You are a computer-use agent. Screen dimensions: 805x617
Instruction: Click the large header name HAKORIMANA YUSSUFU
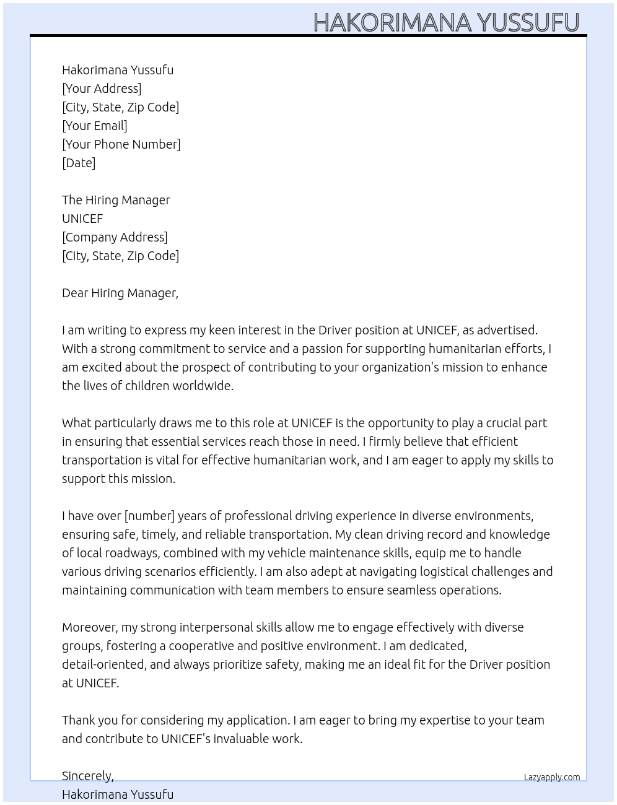[446, 22]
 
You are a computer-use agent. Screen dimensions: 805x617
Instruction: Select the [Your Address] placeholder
[102, 89]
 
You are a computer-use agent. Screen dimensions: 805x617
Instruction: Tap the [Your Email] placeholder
[95, 126]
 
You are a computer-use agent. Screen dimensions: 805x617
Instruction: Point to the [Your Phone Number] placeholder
[121, 144]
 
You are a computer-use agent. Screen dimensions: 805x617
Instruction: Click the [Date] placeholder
[79, 163]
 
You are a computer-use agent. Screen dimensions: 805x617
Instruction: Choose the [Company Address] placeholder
[115, 237]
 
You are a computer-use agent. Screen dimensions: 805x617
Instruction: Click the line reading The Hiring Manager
[116, 200]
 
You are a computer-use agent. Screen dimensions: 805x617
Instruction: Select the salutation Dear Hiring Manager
[120, 293]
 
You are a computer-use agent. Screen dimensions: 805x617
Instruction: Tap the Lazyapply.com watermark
[551, 777]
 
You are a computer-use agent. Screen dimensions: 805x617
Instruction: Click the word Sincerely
[87, 776]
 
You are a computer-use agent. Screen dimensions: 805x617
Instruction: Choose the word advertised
[507, 330]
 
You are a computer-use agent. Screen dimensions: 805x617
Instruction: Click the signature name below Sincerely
[118, 794]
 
